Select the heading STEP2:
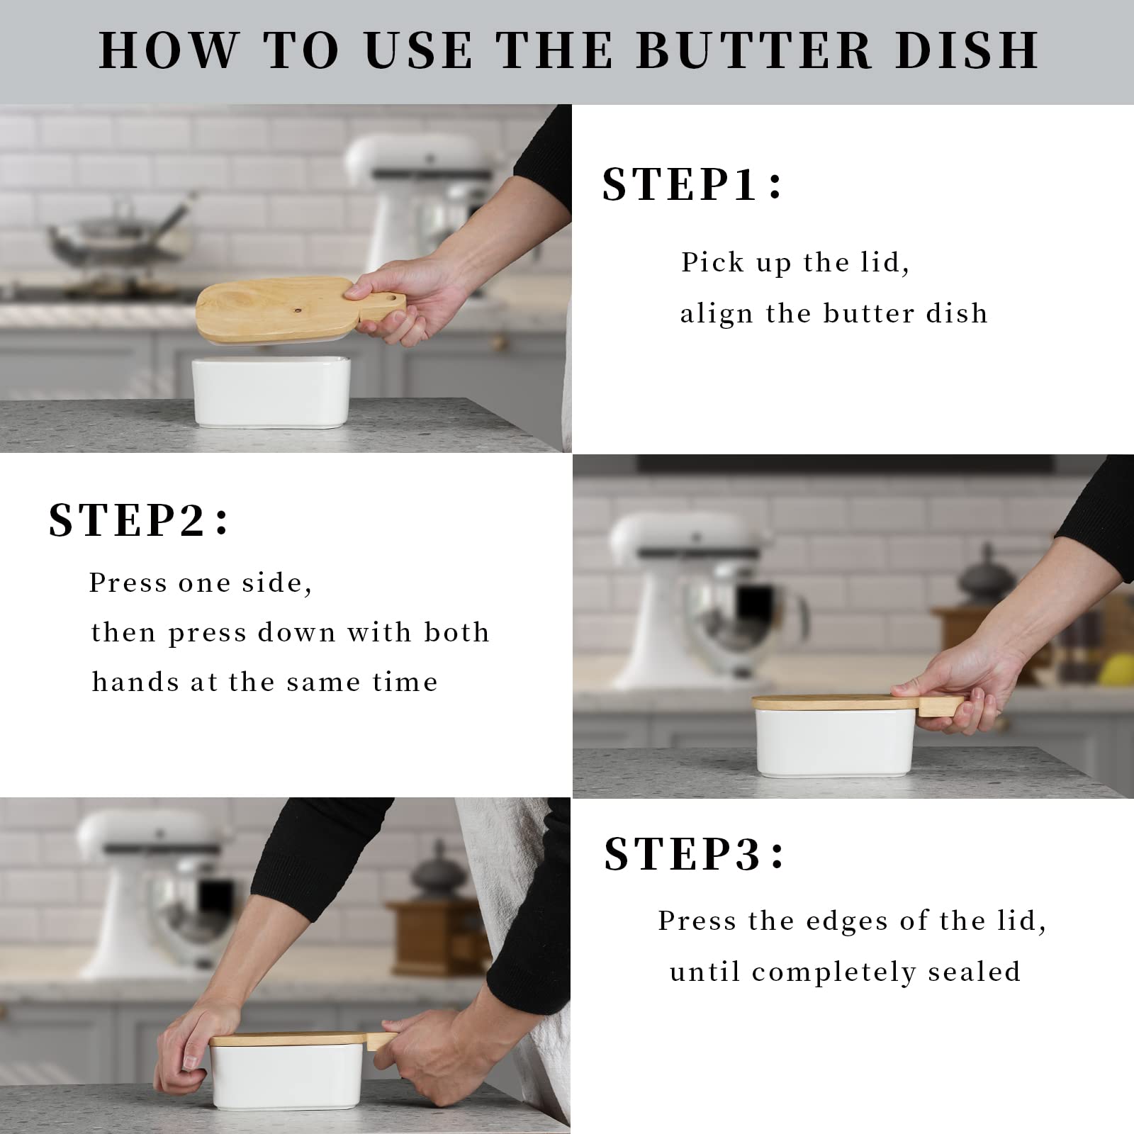[139, 520]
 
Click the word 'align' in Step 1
[716, 313]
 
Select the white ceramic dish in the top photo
[271, 391]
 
